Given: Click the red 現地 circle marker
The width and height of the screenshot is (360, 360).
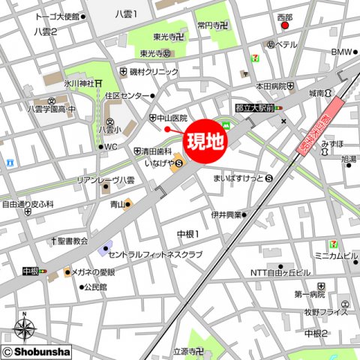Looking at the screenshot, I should [x=204, y=140].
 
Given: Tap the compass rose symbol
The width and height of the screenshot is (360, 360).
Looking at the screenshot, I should [x=25, y=328].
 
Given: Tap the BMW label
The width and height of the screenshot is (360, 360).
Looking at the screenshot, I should [x=341, y=52].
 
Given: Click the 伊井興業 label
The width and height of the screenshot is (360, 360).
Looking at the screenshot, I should [x=225, y=214].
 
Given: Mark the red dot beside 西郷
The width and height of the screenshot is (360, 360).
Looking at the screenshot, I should [x=284, y=26].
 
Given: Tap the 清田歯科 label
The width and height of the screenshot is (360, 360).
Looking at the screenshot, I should [x=161, y=149].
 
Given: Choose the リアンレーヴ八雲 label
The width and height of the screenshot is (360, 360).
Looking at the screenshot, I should [x=105, y=180].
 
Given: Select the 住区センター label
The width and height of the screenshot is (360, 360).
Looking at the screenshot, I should [x=127, y=96].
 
